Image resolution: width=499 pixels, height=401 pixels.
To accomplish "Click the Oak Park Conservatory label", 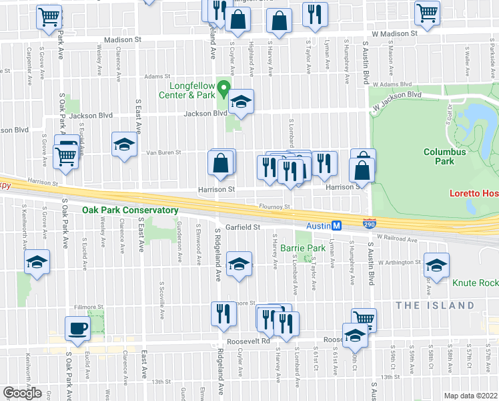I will coord(130,210).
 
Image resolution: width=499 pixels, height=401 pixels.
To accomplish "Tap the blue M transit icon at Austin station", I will coord(338,227).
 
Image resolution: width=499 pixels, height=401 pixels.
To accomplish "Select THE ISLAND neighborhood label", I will coord(434,305).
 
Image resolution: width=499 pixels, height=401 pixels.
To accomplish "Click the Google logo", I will coord(23,393).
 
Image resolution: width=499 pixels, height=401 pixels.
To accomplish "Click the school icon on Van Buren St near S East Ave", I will coord(124,144).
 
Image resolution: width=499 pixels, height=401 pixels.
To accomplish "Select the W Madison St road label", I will coord(394,32).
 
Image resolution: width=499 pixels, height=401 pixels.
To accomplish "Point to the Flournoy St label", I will coord(274,207).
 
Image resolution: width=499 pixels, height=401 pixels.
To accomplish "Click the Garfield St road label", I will coord(241,227).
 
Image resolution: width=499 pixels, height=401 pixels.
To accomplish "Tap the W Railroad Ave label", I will coord(397,237).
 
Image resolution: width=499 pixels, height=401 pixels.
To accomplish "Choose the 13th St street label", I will coord(161,382).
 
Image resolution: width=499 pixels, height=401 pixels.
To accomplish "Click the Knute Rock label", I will coord(475,283).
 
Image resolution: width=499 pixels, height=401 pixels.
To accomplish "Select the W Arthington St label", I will coord(398,262).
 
